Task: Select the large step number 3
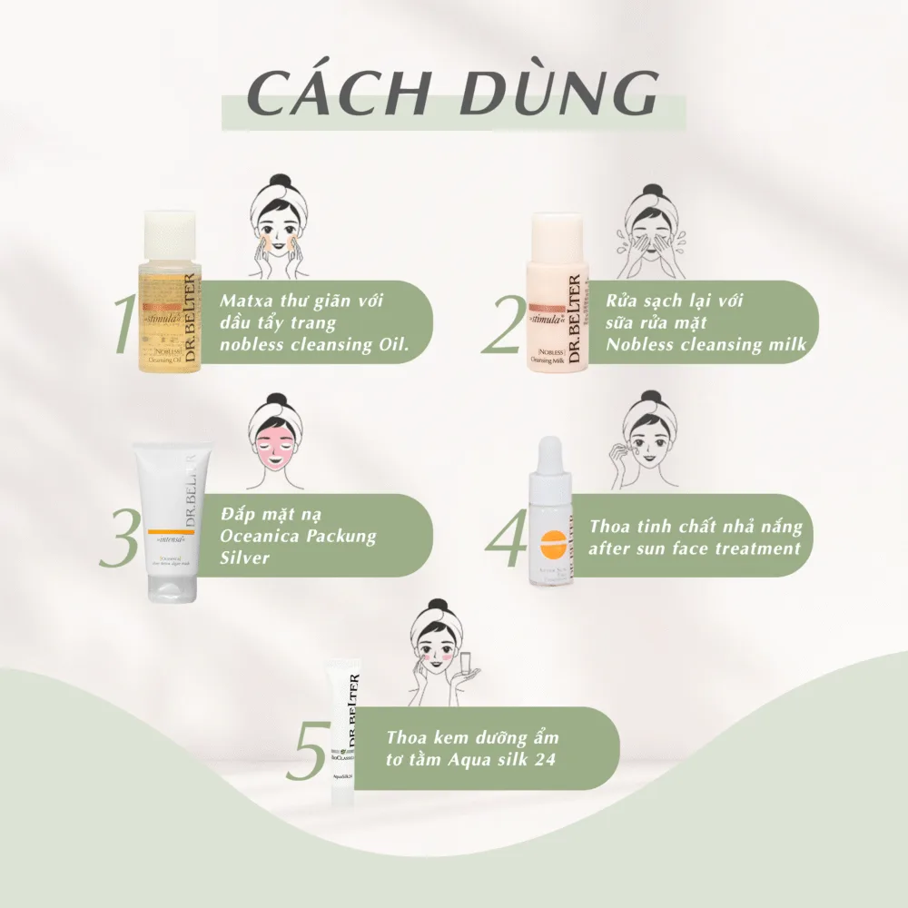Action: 120,538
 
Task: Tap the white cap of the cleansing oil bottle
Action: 169,234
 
